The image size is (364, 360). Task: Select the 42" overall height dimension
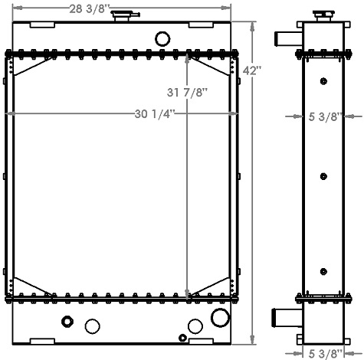tap(252, 70)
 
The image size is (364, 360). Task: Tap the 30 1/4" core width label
tap(152, 114)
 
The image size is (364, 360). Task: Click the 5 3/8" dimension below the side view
tap(324, 353)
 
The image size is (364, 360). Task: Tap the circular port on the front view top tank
tap(162, 38)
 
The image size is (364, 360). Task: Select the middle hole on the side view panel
tap(323, 177)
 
